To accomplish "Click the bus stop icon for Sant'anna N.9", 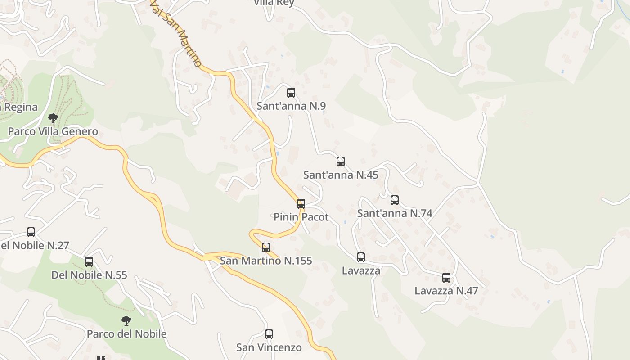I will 291,93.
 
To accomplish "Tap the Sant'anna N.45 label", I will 341,175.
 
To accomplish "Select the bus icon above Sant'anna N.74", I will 395,200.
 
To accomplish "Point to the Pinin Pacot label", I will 301,217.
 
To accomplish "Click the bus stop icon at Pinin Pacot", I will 301,204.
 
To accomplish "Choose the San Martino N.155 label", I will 266,261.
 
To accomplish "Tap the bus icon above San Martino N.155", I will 266,247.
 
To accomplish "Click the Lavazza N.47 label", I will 446,291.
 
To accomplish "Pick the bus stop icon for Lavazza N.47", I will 446,278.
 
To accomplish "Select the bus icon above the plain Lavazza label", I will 361,257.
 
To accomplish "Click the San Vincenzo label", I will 269,347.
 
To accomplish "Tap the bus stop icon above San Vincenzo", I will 269,334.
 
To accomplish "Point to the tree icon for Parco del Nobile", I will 126,321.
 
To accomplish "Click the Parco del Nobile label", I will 126,334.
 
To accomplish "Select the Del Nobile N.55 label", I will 89,275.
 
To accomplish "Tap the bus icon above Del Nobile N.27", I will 31,232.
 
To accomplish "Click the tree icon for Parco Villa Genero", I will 53,118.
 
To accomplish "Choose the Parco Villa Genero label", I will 53,132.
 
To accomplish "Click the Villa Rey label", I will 274,3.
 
